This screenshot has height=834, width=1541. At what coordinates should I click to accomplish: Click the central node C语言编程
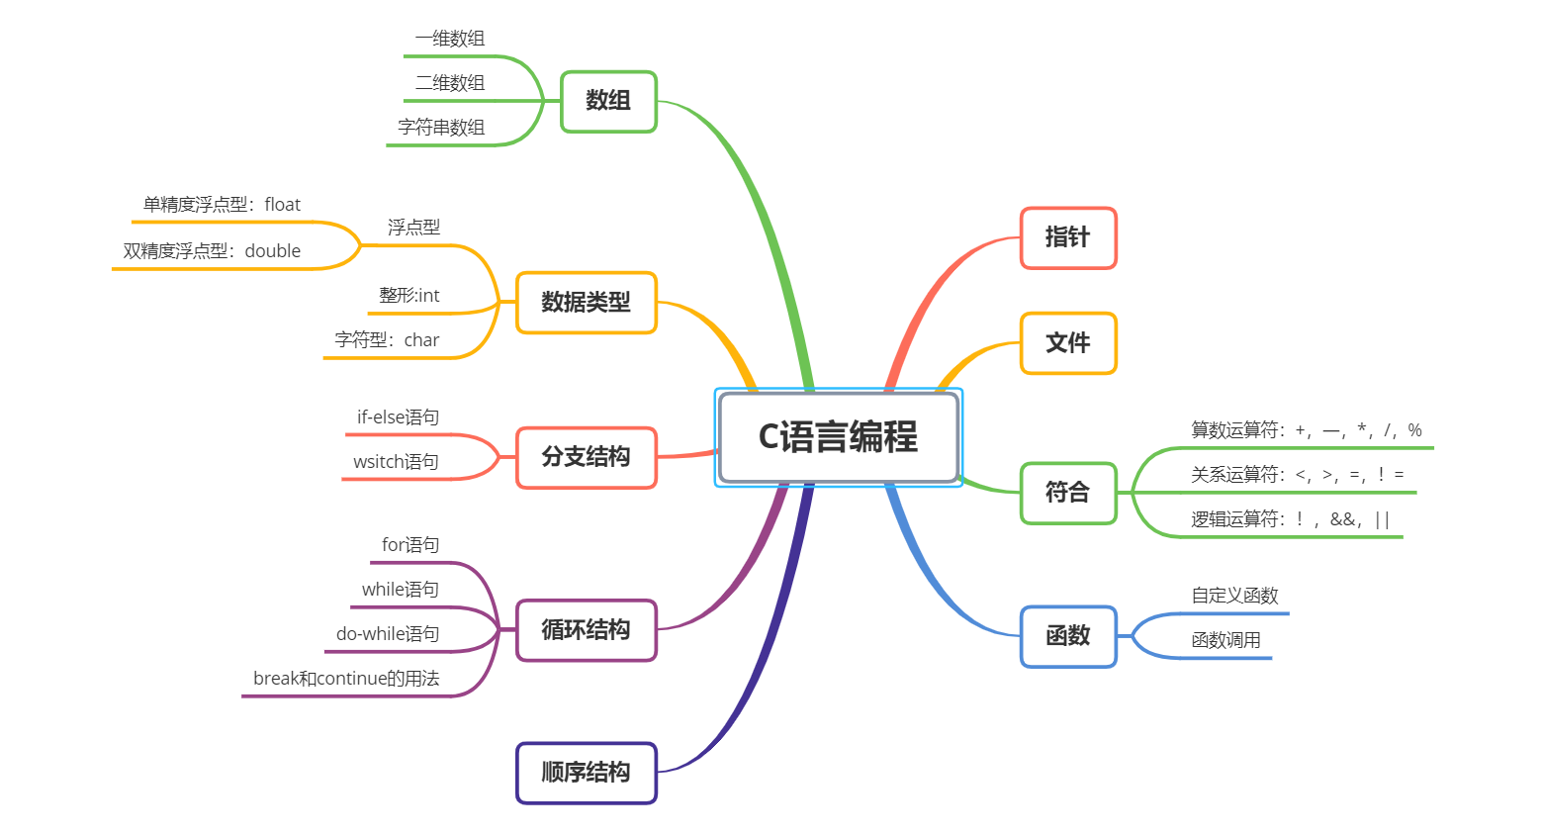pyautogui.click(x=838, y=437)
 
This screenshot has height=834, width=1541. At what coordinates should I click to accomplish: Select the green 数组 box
pyautogui.click(x=608, y=101)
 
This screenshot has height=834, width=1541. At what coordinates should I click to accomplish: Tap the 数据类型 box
pyautogui.click(x=586, y=303)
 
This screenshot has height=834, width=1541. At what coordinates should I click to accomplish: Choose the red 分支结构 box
pyautogui.click(x=586, y=457)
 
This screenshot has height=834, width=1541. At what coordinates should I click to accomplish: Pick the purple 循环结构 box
pyautogui.click(x=586, y=630)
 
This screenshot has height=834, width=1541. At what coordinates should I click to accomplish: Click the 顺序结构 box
pyautogui.click(x=586, y=773)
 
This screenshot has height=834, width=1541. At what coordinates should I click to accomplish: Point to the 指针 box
pyautogui.click(x=1067, y=237)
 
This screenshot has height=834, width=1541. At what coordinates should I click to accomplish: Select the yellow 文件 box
pyautogui.click(x=1067, y=343)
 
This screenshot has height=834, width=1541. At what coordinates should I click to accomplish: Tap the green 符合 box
pyautogui.click(x=1067, y=493)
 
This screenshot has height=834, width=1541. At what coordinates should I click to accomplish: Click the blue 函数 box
pyautogui.click(x=1067, y=636)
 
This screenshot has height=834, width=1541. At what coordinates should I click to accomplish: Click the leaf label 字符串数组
pyautogui.click(x=441, y=128)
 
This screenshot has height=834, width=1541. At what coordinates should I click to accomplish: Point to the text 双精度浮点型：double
pyautogui.click(x=212, y=251)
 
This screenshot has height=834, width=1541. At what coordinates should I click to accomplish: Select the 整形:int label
pyautogui.click(x=408, y=296)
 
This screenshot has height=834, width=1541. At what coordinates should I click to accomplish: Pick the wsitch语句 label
pyautogui.click(x=396, y=462)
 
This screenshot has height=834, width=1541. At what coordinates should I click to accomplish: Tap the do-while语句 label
pyautogui.click(x=387, y=634)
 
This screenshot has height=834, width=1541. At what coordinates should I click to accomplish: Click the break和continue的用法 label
pyautogui.click(x=346, y=679)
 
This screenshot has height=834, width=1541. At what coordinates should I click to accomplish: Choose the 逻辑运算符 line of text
pyautogui.click(x=1290, y=519)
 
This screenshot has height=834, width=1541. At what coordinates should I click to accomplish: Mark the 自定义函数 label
pyautogui.click(x=1234, y=596)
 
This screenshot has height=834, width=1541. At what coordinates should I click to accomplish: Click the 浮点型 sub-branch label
pyautogui.click(x=413, y=228)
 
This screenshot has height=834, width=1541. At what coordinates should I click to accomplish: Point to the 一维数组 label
pyautogui.click(x=450, y=39)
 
